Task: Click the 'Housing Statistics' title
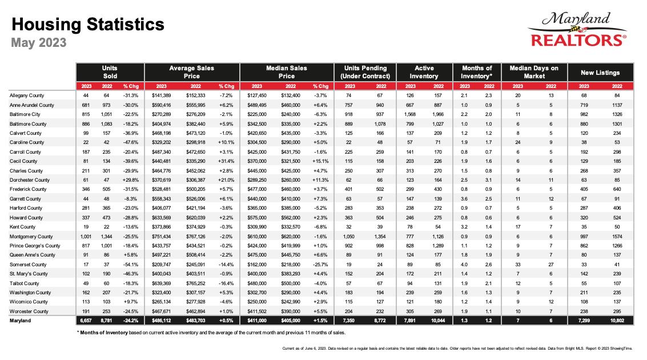(x=88, y=25)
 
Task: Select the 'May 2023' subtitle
(x=39, y=43)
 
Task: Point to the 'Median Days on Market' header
(x=534, y=72)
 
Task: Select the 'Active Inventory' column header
(x=424, y=72)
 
